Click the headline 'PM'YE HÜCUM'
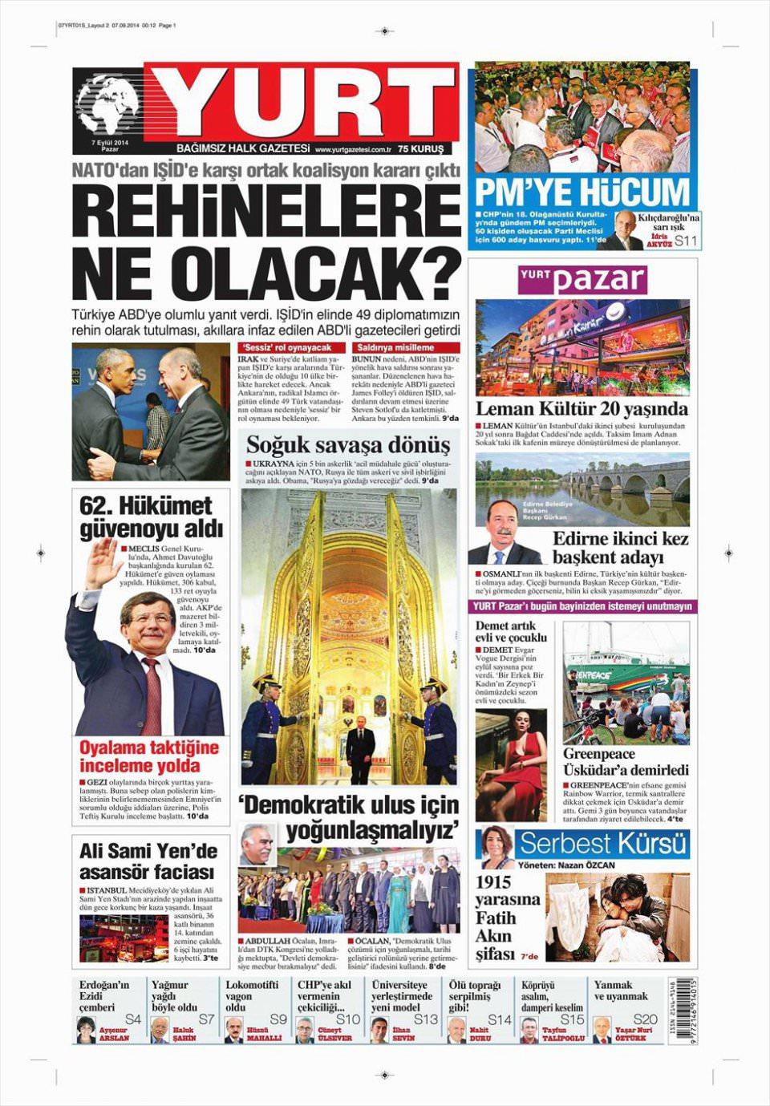click(x=582, y=193)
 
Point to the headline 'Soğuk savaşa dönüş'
click(x=348, y=445)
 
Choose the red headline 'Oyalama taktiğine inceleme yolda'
click(x=149, y=756)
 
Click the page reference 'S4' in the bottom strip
click(x=133, y=1019)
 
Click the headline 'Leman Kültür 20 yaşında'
click(x=582, y=407)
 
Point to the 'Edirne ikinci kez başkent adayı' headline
click(x=620, y=548)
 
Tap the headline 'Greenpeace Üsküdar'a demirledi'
click(x=626, y=762)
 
